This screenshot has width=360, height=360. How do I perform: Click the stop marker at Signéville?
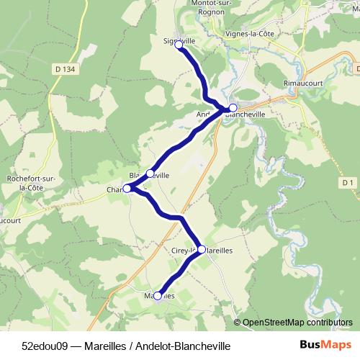(x=179, y=44)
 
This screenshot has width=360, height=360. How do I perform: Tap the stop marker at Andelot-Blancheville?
(x=233, y=108)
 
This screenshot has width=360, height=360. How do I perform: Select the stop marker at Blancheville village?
(x=150, y=174)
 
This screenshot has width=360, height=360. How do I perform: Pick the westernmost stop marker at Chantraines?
(x=127, y=189)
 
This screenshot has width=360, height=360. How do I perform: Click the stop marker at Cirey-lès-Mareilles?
(x=202, y=249)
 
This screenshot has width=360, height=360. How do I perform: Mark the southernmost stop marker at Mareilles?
(x=158, y=295)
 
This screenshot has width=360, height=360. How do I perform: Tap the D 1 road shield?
(x=348, y=183)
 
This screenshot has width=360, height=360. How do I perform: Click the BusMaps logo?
(x=325, y=345)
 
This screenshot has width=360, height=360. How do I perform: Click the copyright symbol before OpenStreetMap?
(x=238, y=323)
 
